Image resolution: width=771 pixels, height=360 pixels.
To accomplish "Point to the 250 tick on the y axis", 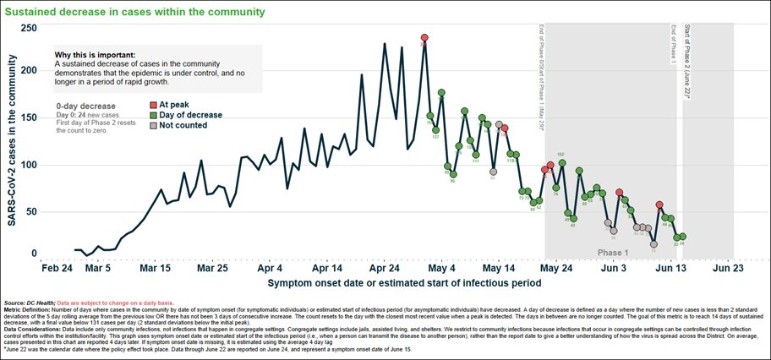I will [x=30, y=28].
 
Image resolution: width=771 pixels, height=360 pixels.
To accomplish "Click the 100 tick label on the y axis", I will [x=30, y=163].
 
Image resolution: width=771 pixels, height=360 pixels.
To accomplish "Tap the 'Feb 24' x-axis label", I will [x=57, y=267].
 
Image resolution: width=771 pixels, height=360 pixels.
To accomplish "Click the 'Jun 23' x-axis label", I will [x=728, y=267].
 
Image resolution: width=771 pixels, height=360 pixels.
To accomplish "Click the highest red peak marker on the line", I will [x=424, y=37].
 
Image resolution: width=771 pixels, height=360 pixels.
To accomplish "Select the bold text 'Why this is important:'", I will [x=94, y=54].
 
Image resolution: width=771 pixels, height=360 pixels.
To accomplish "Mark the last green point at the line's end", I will [x=682, y=237].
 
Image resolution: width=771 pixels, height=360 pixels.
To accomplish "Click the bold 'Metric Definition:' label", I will [x=27, y=308].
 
